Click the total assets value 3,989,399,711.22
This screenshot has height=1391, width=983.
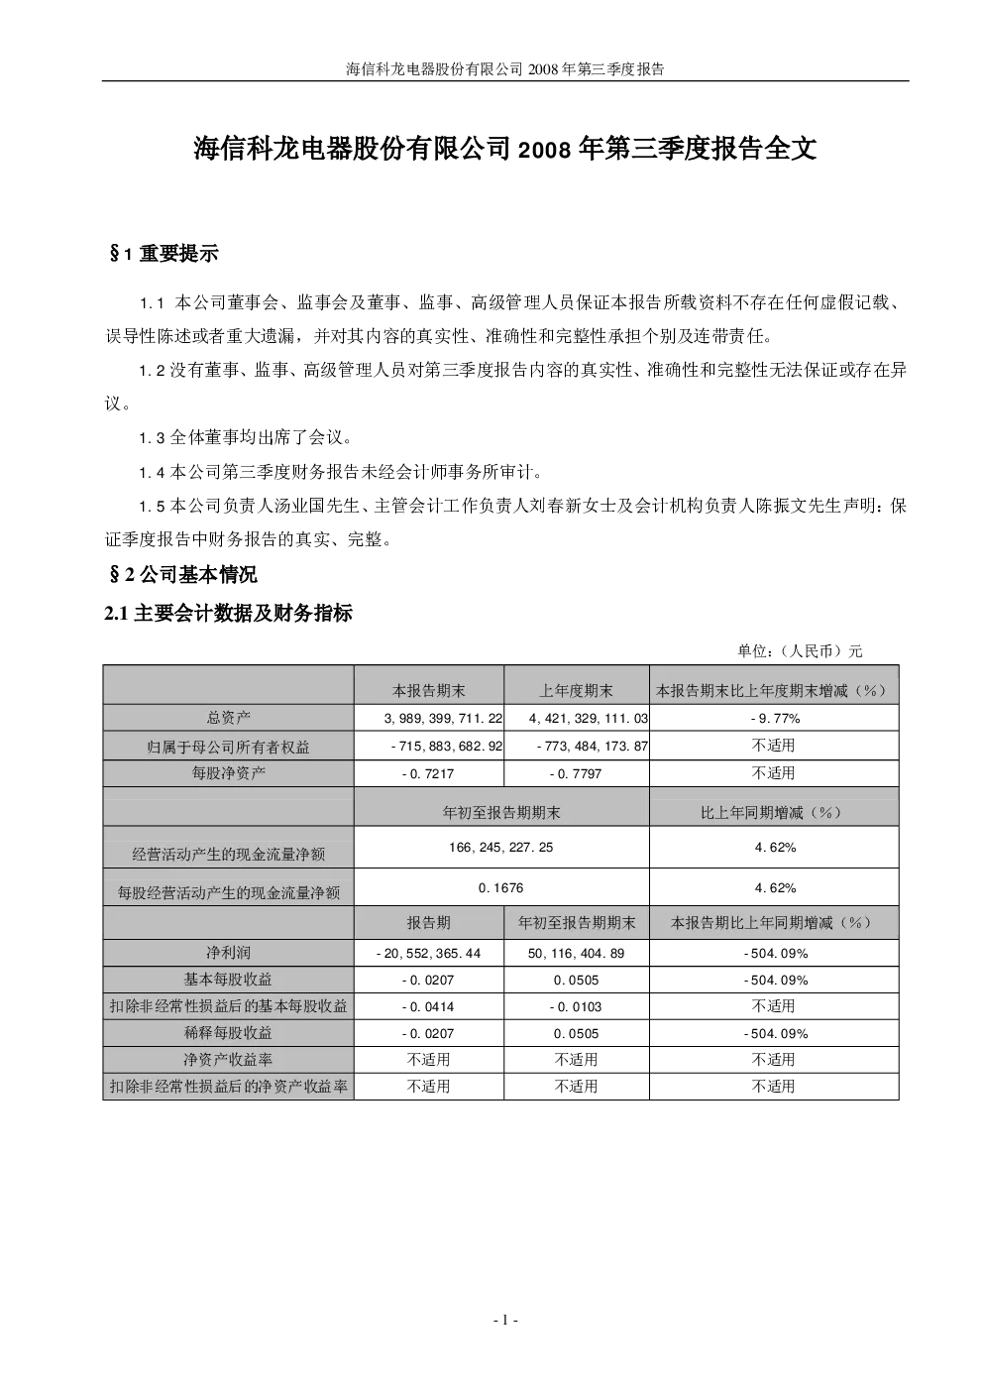[443, 719]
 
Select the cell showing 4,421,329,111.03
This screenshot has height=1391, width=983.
[589, 719]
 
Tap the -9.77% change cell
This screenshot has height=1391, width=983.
[775, 719]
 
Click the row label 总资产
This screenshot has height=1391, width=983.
[228, 718]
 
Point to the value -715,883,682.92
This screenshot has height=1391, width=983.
[447, 746]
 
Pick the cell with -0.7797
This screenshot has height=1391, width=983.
[576, 773]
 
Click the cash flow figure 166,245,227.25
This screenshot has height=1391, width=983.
[500, 847]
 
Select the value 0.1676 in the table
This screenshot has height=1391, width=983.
[500, 888]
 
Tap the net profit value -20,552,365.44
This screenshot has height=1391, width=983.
[428, 953]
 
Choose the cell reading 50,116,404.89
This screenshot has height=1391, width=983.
[576, 953]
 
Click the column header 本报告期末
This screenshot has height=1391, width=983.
[429, 690]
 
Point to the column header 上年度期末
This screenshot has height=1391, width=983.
[576, 690]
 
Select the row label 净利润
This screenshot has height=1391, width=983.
[228, 953]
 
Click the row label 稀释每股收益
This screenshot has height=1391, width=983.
[228, 1033]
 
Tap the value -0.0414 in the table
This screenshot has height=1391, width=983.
[428, 1006]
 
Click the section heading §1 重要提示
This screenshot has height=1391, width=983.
[164, 254]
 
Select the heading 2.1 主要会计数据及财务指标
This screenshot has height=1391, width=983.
[228, 614]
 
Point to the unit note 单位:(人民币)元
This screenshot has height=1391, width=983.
[800, 650]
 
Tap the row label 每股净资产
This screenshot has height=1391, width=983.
[228, 773]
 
